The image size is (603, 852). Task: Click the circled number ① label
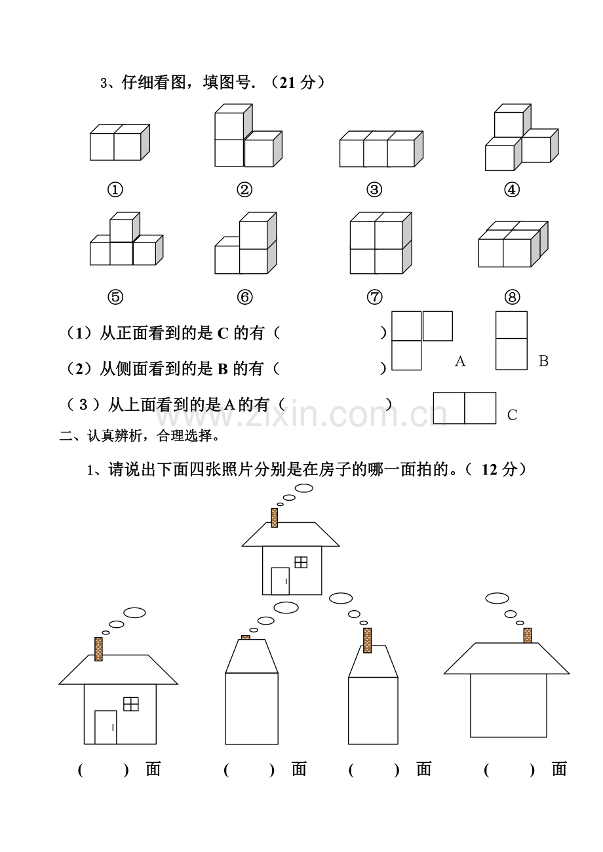click(x=115, y=189)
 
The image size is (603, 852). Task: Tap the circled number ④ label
click(x=512, y=189)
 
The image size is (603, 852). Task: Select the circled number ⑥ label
click(x=244, y=297)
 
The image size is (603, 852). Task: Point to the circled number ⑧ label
click(x=512, y=297)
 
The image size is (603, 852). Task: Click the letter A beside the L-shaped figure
click(x=460, y=361)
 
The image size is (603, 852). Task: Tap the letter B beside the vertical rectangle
click(x=543, y=361)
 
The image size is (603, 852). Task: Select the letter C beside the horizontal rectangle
click(x=512, y=415)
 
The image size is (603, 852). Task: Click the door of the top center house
click(x=280, y=581)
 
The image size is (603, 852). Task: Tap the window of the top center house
click(x=301, y=562)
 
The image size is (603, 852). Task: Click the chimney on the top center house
click(x=274, y=518)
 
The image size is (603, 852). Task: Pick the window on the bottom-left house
click(x=131, y=703)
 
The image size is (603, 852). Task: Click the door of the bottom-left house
click(x=106, y=727)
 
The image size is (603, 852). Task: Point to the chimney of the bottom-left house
click(x=98, y=649)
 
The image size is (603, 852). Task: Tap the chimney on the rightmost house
click(x=527, y=635)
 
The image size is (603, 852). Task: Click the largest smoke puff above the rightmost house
click(x=497, y=598)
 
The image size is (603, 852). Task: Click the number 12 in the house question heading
click(x=489, y=470)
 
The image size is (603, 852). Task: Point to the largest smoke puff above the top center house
click(x=304, y=488)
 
